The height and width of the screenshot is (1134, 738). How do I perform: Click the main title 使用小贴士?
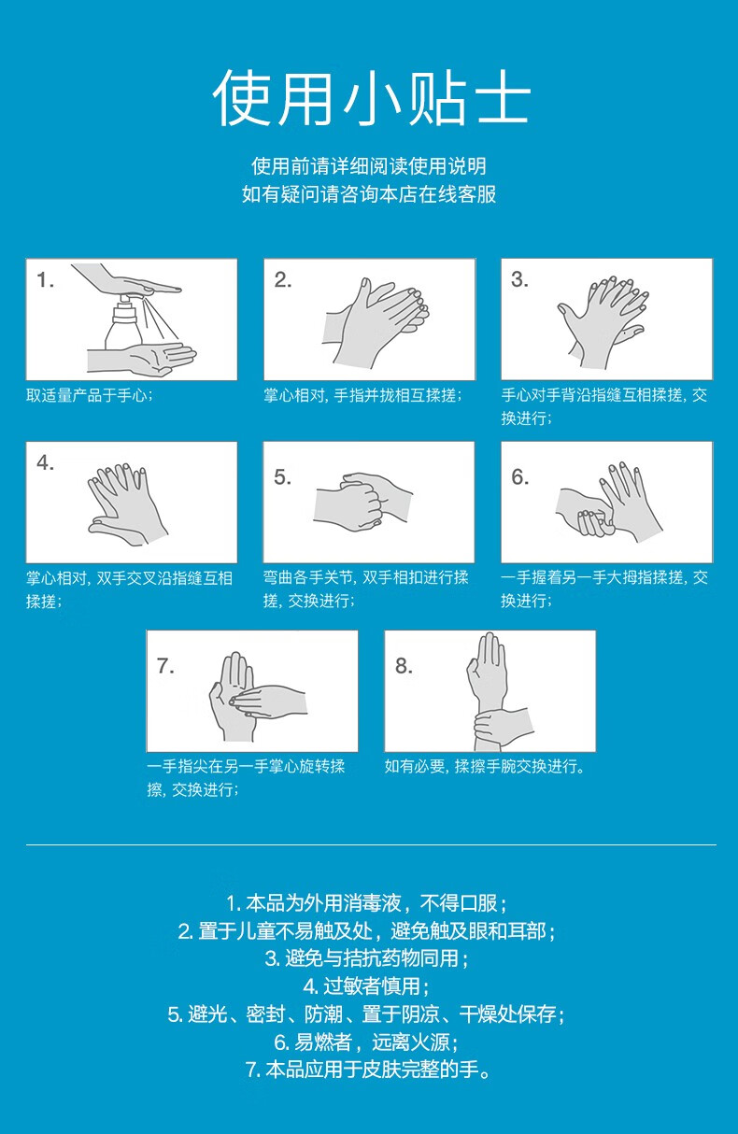click(x=371, y=97)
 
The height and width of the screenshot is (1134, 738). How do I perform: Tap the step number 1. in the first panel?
click(x=45, y=280)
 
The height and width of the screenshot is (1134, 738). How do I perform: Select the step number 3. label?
click(x=519, y=279)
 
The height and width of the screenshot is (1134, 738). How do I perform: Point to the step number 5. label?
click(x=282, y=477)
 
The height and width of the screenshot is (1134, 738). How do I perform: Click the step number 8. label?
click(x=404, y=666)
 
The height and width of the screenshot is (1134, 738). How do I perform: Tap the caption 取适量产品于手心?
click(x=90, y=395)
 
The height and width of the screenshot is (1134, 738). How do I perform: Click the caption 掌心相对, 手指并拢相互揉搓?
click(x=362, y=395)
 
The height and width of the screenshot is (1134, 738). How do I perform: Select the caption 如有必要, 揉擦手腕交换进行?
click(x=485, y=767)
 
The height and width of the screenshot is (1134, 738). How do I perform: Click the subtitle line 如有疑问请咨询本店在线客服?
click(x=368, y=194)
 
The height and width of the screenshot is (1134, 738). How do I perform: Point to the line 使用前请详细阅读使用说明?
click(x=368, y=166)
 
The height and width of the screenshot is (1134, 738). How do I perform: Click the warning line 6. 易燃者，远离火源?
click(x=366, y=1042)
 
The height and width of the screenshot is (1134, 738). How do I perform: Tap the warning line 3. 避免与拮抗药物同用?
click(x=366, y=957)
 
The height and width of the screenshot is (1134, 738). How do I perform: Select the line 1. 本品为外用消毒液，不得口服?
click(x=366, y=902)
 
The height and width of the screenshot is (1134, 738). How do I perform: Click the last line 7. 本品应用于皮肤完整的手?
click(x=368, y=1070)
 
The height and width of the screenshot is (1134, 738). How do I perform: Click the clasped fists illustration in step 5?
click(x=362, y=502)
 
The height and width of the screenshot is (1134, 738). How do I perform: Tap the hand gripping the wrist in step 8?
click(x=503, y=728)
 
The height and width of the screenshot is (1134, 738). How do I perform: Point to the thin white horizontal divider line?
click(x=371, y=844)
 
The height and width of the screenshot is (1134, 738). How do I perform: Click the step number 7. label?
click(x=165, y=666)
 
